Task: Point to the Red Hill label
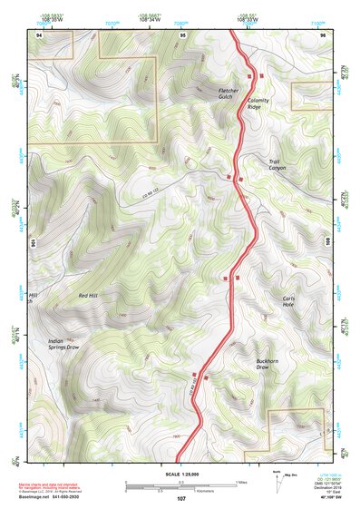click(x=88, y=296)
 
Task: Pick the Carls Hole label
click(x=288, y=302)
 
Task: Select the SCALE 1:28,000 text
click(x=180, y=475)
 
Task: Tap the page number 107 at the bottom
click(x=181, y=499)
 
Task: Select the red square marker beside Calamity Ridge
click(x=262, y=75)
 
